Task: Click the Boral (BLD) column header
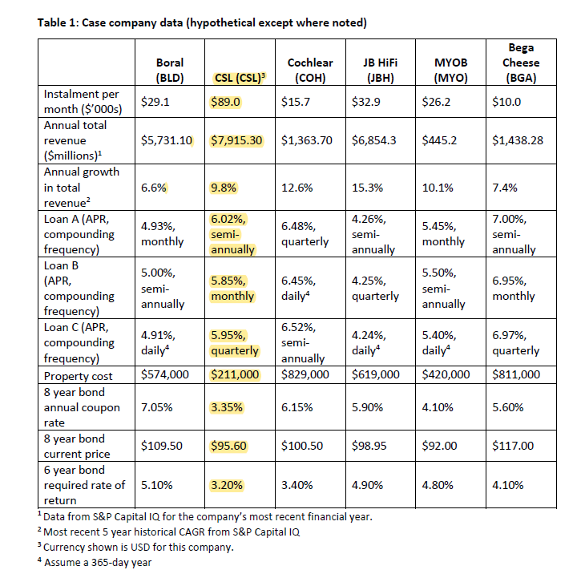pyautogui.click(x=170, y=70)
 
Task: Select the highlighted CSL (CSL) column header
pyautogui.click(x=240, y=78)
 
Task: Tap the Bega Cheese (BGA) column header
pyautogui.click(x=521, y=63)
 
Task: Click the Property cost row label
pyautogui.click(x=78, y=376)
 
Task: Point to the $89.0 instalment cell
pyautogui.click(x=226, y=102)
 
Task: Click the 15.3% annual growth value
pyautogui.click(x=367, y=188)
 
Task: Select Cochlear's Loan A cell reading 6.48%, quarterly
pyautogui.click(x=305, y=234)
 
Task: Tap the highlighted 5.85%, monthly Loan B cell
pyautogui.click(x=232, y=289)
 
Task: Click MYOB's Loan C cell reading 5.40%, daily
pyautogui.click(x=439, y=343)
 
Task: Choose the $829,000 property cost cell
pyautogui.click(x=305, y=374)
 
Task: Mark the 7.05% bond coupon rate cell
pyautogui.click(x=157, y=407)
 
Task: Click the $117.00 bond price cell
pyautogui.click(x=513, y=446)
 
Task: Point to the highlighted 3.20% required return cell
pyautogui.click(x=227, y=485)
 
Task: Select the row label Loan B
pyautogui.click(x=61, y=265)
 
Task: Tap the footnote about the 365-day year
pyautogui.click(x=95, y=562)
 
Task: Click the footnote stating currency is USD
pyautogui.click(x=135, y=547)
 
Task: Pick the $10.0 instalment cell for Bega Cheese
pyautogui.click(x=506, y=102)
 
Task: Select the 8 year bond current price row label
pyautogui.click(x=77, y=447)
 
